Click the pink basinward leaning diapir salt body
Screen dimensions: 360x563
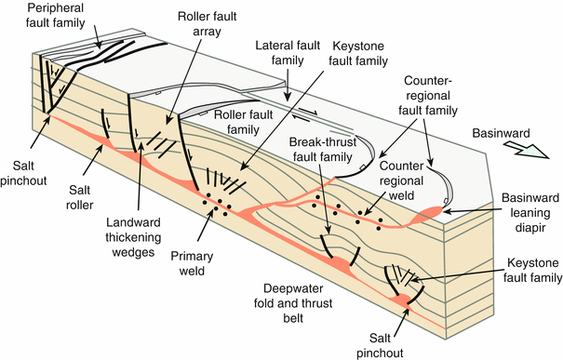pyautogui.click(x=434, y=212)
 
